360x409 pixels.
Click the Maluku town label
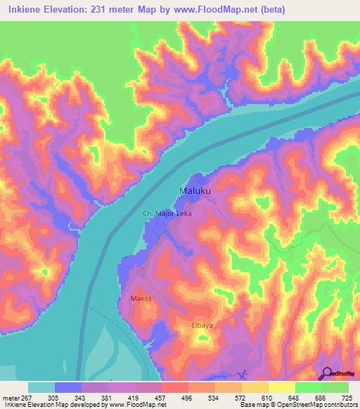point(193,190)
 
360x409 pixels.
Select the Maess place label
point(141,299)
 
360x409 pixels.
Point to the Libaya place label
point(202,326)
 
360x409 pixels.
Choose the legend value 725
point(348,396)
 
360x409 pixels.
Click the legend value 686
point(321,396)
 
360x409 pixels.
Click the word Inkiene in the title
point(25,9)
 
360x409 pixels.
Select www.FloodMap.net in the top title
point(228,9)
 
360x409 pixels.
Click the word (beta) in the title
point(295,9)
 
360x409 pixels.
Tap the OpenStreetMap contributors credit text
point(316,405)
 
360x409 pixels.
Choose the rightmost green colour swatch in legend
point(335,387)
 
